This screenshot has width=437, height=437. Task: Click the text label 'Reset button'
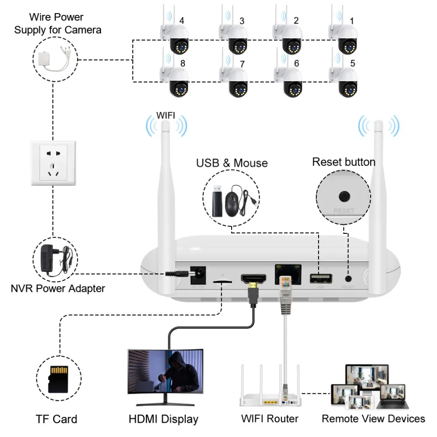(x=343, y=162)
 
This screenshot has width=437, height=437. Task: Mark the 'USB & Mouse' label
(x=232, y=163)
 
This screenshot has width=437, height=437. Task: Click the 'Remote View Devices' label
(x=373, y=419)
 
